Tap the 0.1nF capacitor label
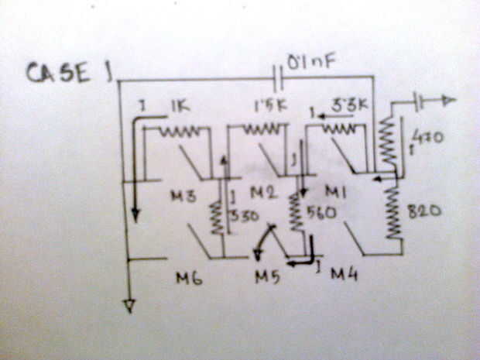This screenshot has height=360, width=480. pyautogui.click(x=310, y=59)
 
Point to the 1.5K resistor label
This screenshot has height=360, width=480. pyautogui.click(x=267, y=104)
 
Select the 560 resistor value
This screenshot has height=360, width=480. pyautogui.click(x=320, y=212)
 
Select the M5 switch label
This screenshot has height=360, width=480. pyautogui.click(x=267, y=277)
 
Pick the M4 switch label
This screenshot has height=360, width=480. pyautogui.click(x=344, y=274)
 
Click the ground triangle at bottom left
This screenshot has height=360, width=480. pyautogui.click(x=129, y=307)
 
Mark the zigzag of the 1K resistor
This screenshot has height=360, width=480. pyautogui.click(x=179, y=132)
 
